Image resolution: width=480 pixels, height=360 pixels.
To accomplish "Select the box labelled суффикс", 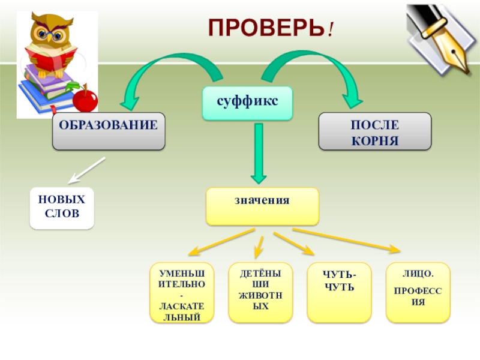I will click(248, 103).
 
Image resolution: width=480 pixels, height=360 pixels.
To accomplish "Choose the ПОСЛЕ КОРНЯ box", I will click(374, 130).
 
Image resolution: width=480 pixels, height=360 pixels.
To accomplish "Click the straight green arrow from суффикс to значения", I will click(259, 153).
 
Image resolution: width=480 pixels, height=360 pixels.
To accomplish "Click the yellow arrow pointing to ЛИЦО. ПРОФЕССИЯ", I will click(348, 239).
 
